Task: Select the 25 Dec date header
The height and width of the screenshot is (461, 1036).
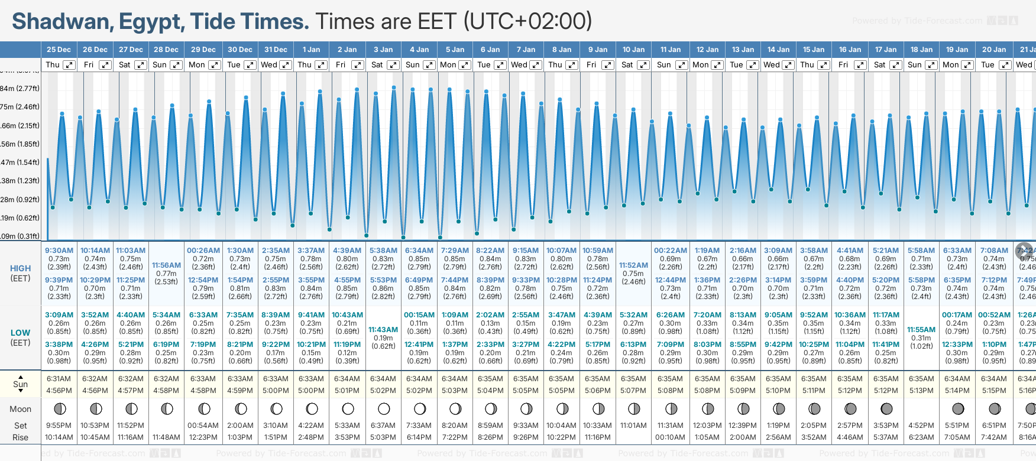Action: [x=59, y=50]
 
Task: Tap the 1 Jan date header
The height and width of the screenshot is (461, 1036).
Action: [x=311, y=50]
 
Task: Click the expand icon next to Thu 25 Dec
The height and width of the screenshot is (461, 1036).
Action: [x=69, y=65]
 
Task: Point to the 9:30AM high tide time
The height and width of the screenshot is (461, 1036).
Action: [x=59, y=251]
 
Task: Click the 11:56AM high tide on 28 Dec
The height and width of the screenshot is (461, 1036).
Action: [x=166, y=265]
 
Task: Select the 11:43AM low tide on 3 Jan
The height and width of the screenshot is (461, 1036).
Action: [x=383, y=330]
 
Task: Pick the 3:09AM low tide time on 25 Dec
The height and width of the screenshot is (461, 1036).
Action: [x=59, y=315]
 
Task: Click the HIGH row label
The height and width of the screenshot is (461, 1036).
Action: [x=20, y=268]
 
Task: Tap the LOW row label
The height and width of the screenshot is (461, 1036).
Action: [x=20, y=333]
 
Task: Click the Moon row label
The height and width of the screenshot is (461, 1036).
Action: [x=20, y=409]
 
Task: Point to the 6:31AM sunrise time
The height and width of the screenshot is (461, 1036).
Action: [x=59, y=379]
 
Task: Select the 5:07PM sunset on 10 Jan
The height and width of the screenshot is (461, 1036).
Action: [x=633, y=391]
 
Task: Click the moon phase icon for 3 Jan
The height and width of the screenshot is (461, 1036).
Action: [x=384, y=408]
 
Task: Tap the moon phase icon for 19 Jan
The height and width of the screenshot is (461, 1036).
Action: [x=958, y=408]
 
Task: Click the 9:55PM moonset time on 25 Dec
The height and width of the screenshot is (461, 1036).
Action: [x=59, y=426]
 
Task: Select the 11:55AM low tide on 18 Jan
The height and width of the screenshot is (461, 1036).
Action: [x=921, y=330]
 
